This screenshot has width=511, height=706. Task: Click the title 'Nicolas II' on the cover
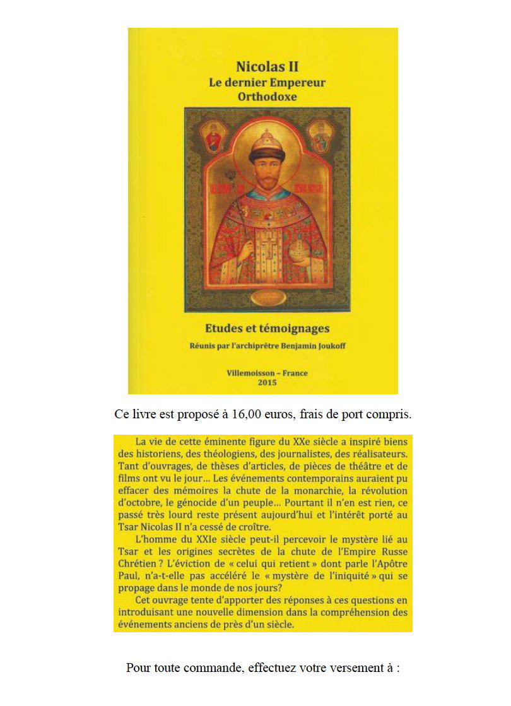(x=262, y=66)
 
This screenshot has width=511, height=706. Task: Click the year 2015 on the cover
(x=267, y=382)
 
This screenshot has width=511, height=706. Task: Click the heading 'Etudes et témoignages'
(x=267, y=328)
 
